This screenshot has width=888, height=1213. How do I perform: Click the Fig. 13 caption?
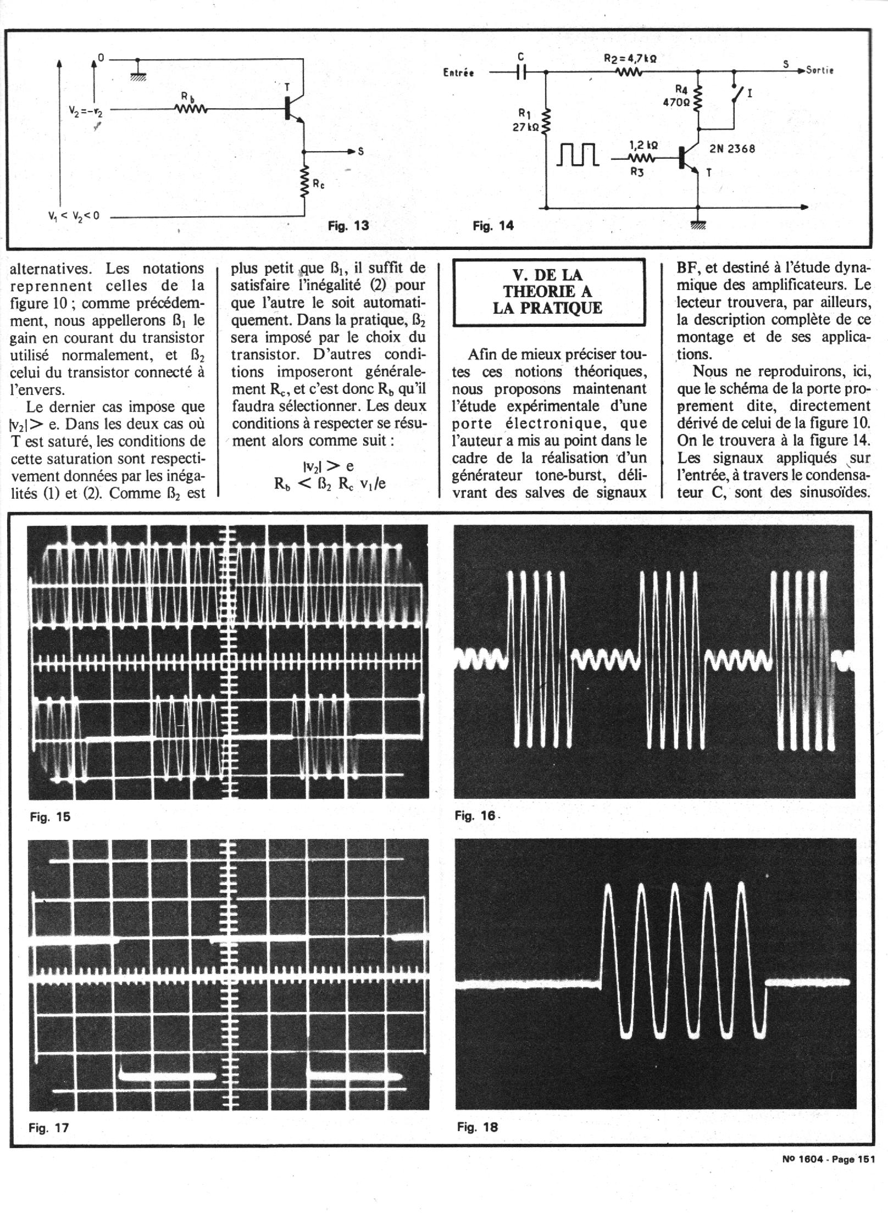click(x=348, y=226)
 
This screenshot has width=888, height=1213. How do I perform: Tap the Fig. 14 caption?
click(x=493, y=226)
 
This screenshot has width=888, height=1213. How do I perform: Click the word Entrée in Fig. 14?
click(x=458, y=73)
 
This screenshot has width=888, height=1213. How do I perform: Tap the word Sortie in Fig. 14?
click(x=820, y=70)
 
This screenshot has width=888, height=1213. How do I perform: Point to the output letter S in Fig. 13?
click(x=360, y=152)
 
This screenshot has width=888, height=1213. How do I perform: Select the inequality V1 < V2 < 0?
click(x=73, y=216)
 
